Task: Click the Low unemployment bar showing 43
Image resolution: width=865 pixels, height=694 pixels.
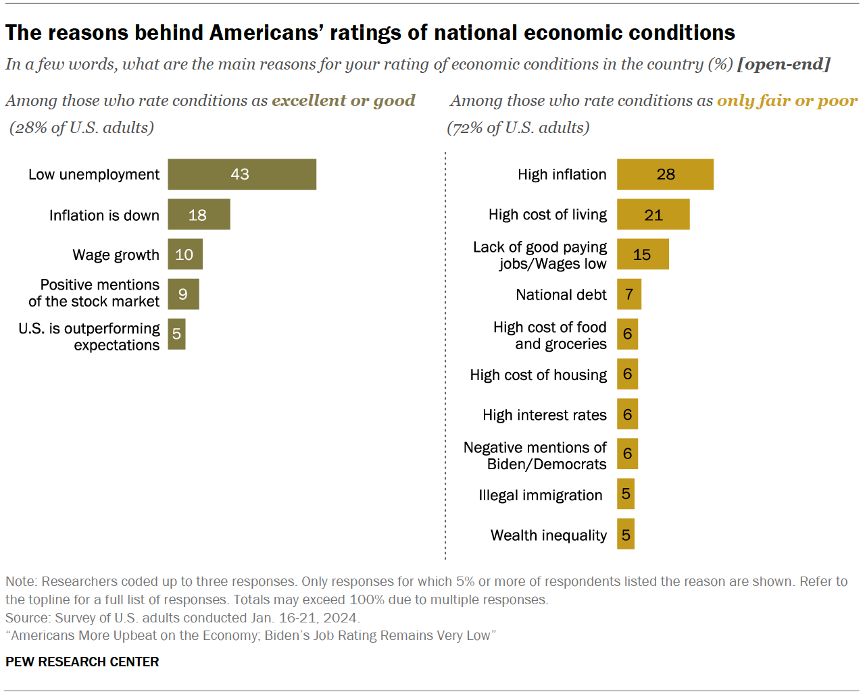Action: (x=242, y=174)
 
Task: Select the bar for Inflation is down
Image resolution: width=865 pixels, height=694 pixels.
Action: (x=199, y=215)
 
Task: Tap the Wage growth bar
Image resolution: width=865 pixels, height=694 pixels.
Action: (x=185, y=255)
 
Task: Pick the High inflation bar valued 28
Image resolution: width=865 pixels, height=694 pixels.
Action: (x=665, y=174)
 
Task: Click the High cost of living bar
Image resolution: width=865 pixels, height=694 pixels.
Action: (x=653, y=215)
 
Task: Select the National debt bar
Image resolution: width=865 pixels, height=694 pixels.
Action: (x=628, y=294)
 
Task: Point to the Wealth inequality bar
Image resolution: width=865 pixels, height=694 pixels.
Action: (x=625, y=535)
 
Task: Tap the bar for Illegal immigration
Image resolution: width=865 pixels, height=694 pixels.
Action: (x=625, y=494)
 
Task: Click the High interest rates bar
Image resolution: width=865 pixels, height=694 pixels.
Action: (x=627, y=415)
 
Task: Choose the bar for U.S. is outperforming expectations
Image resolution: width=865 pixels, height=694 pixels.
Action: (x=176, y=334)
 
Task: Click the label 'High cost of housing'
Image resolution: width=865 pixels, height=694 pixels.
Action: (x=538, y=375)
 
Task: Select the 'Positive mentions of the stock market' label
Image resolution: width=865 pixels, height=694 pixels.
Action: (x=95, y=294)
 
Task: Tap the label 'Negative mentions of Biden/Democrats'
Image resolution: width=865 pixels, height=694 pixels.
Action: (x=535, y=456)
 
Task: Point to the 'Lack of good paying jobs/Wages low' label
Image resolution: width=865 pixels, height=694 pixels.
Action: (x=540, y=255)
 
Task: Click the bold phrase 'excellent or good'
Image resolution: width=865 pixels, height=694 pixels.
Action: (x=343, y=101)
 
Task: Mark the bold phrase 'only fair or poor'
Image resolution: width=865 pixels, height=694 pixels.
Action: (x=787, y=101)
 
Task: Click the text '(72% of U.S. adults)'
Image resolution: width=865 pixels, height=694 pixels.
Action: (x=518, y=128)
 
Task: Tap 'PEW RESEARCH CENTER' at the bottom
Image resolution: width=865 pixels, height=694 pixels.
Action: (x=82, y=662)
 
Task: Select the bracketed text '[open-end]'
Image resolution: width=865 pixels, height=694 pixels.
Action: (x=784, y=64)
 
